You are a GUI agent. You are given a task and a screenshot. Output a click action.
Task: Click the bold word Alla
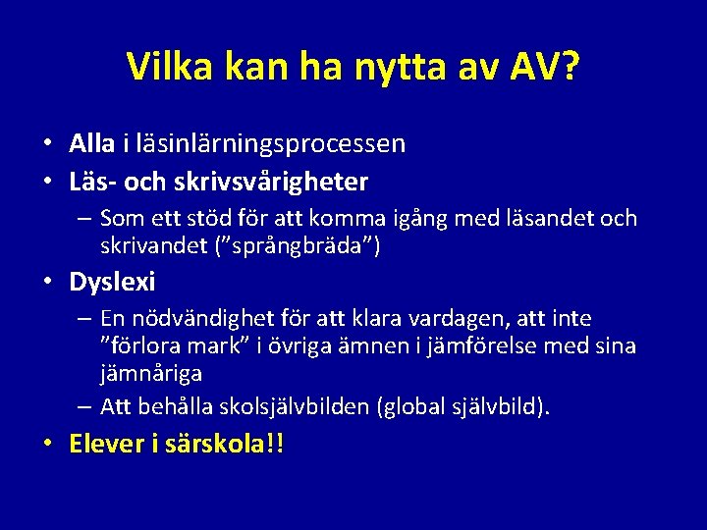92,144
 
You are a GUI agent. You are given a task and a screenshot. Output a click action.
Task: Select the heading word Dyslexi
112,283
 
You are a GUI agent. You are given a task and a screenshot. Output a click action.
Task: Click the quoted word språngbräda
302,245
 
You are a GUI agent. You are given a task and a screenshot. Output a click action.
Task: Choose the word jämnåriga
151,373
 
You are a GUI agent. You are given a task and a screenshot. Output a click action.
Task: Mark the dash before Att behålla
83,405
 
